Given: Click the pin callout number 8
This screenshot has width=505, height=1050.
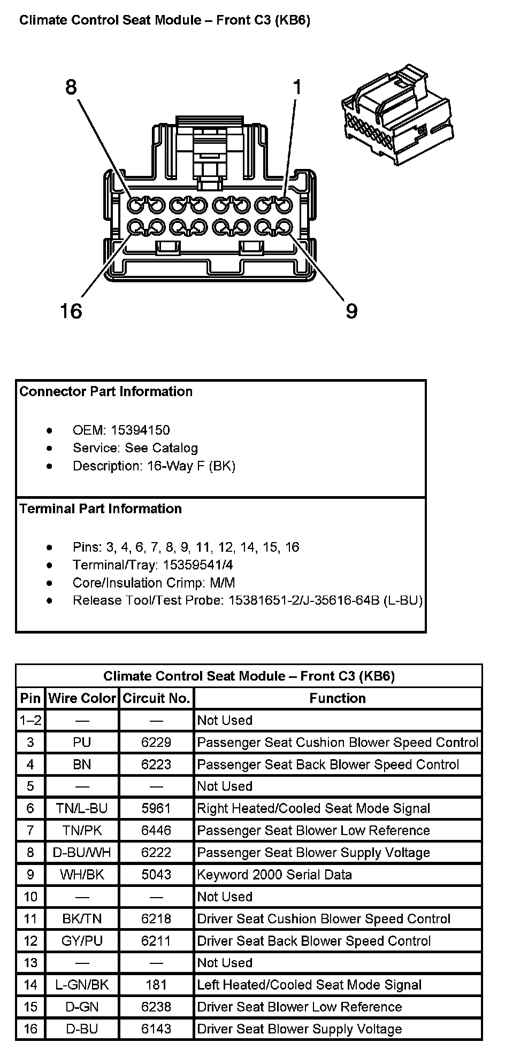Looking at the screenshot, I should pyautogui.click(x=71, y=87).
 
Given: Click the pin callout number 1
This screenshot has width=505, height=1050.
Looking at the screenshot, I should pyautogui.click(x=297, y=87).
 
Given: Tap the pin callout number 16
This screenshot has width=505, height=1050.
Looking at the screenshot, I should pyautogui.click(x=71, y=311).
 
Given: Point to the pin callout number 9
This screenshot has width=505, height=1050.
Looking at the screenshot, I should pyautogui.click(x=351, y=311).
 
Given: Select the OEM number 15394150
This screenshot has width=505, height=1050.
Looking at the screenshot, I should pyautogui.click(x=140, y=430).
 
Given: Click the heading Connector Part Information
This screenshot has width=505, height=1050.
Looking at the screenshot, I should pyautogui.click(x=106, y=391).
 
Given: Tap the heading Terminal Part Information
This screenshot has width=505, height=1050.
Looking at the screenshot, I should pyautogui.click(x=101, y=508).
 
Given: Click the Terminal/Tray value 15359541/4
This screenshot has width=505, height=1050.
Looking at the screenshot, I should pyautogui.click(x=198, y=565).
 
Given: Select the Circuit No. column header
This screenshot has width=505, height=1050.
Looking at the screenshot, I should pyautogui.click(x=156, y=698).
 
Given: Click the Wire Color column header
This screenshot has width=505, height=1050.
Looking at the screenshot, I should pyautogui.click(x=82, y=698).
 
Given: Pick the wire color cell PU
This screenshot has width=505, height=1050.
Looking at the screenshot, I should pyautogui.click(x=82, y=743).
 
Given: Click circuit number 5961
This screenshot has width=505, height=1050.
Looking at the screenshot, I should pyautogui.click(x=156, y=808).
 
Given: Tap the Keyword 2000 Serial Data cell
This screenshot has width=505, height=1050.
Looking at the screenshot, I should pyautogui.click(x=274, y=875).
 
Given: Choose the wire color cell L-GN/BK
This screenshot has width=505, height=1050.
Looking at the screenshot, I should pyautogui.click(x=82, y=985).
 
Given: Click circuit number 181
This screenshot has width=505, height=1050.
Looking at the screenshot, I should pyautogui.click(x=156, y=985).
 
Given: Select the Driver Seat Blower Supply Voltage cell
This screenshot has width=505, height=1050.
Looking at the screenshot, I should pyautogui.click(x=300, y=1029).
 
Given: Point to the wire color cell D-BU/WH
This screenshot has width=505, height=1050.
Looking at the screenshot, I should pyautogui.click(x=82, y=853).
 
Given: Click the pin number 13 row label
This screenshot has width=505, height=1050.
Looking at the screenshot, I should pyautogui.click(x=30, y=963).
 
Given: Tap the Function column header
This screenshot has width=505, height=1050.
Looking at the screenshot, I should pyautogui.click(x=338, y=698).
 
